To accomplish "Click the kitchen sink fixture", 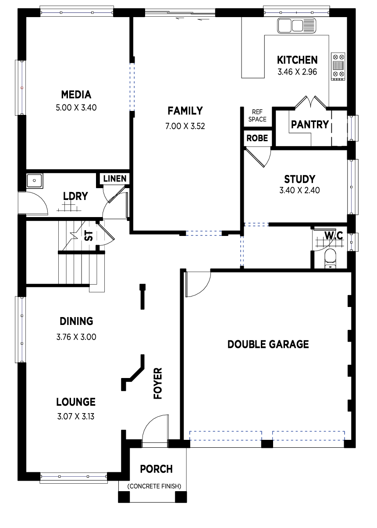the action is click(x=296, y=25).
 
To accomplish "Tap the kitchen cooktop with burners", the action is click(x=338, y=66).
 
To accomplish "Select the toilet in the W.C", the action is click(x=330, y=259).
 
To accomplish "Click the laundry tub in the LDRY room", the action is click(x=34, y=181).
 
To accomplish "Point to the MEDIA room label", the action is click(x=76, y=95).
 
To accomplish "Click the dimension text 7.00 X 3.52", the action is click(x=185, y=126).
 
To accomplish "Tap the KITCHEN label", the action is click(x=297, y=60).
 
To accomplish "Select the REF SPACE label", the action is click(x=257, y=115).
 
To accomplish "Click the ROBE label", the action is click(x=257, y=138).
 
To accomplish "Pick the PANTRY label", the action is click(x=310, y=125).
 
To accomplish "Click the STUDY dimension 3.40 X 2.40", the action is click(x=299, y=190).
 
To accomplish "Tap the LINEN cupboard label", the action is click(x=115, y=178).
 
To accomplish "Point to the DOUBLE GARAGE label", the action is click(x=268, y=344).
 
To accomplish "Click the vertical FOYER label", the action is click(x=158, y=383).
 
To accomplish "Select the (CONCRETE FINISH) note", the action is click(x=154, y=486).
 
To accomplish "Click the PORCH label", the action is click(x=156, y=469).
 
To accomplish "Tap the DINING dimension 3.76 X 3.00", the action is click(x=76, y=337).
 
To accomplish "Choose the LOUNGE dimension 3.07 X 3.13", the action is click(x=76, y=417).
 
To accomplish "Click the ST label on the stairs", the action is click(x=89, y=236).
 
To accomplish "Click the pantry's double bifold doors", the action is click(x=310, y=102).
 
